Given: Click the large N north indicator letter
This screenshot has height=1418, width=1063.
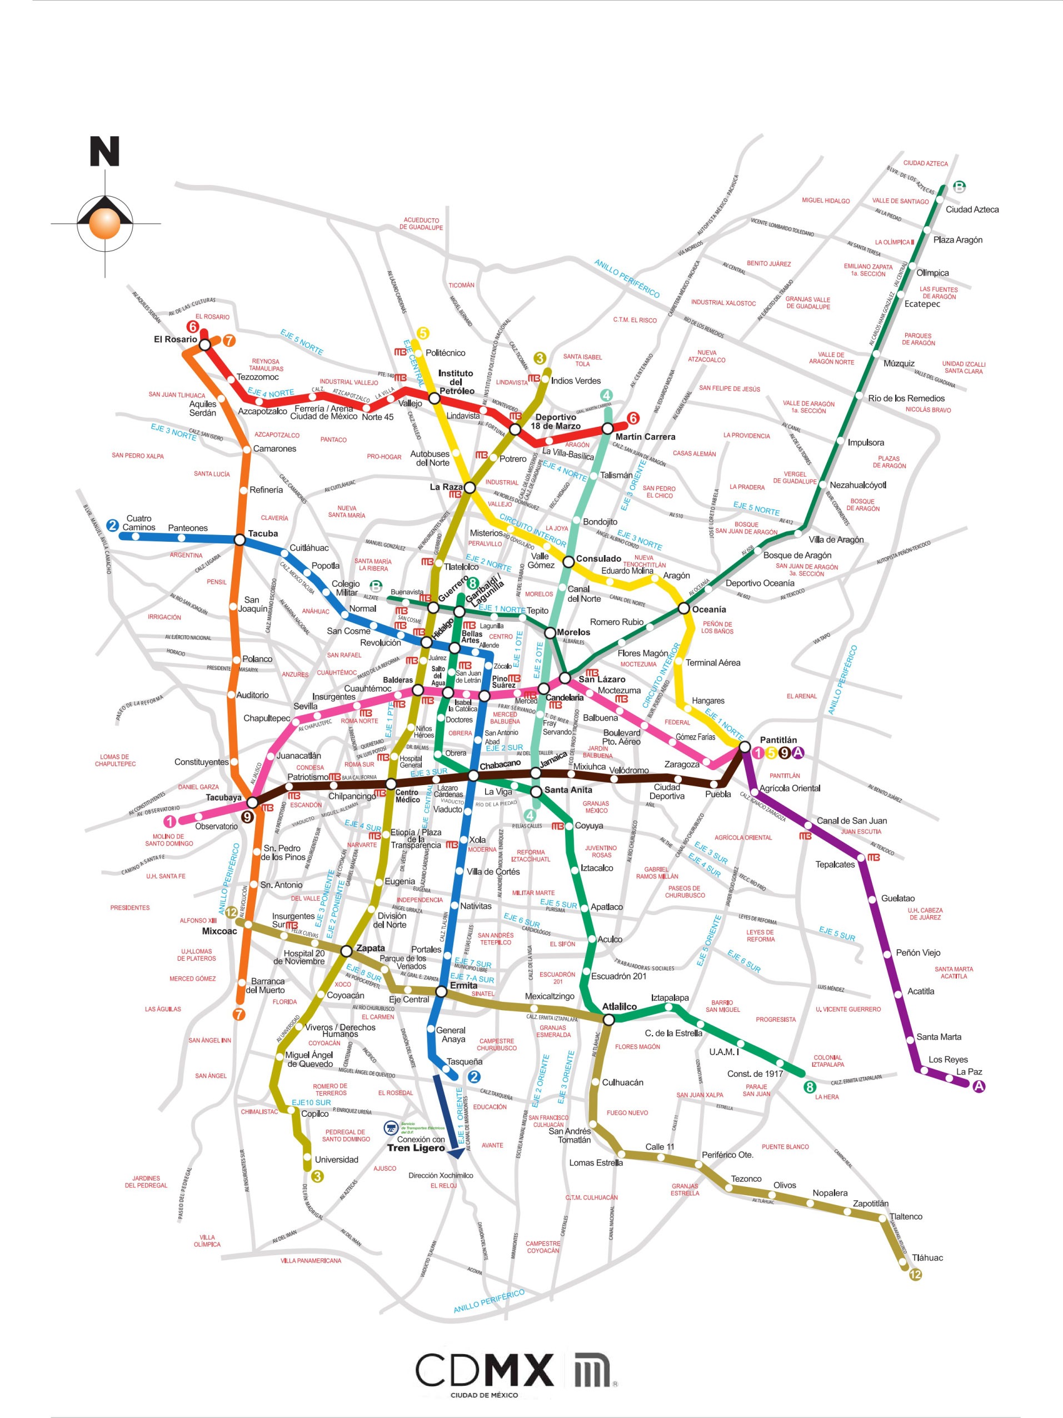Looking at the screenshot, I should [104, 152].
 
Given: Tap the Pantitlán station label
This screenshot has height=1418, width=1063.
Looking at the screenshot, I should [778, 740].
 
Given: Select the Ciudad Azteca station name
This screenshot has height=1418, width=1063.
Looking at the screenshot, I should [972, 209].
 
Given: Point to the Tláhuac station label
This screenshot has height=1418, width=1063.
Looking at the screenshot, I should [927, 1258].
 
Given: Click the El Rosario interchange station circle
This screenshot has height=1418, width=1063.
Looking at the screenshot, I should [205, 345].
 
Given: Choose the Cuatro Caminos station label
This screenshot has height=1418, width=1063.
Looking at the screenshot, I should [138, 523].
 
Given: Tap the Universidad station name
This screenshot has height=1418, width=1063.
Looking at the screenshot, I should [336, 1160].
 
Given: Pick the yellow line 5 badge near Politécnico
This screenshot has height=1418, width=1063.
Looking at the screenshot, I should [422, 333].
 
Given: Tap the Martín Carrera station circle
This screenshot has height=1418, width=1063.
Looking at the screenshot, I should [607, 428].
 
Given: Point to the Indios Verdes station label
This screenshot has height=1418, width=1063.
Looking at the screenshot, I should [576, 381].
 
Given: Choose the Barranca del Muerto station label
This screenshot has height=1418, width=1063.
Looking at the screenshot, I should [266, 985].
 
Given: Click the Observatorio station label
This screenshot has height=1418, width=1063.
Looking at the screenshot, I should [216, 826].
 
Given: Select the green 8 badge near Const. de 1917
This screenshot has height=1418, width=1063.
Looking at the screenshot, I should [810, 1087].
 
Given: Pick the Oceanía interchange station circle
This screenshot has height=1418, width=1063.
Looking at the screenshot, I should [684, 608].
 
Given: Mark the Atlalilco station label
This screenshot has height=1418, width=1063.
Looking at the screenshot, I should [620, 1006].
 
